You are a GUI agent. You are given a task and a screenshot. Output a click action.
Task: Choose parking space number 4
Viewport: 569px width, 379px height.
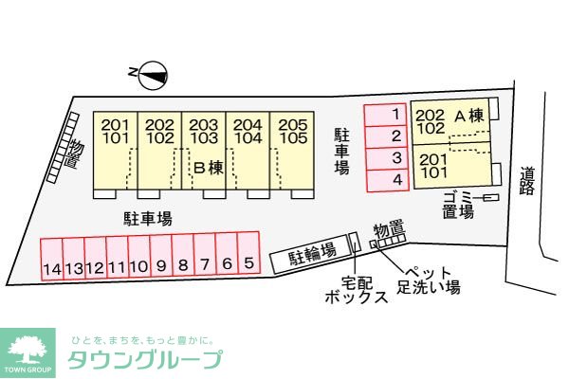397,179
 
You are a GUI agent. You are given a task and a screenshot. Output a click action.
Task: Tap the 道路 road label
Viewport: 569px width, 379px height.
528,181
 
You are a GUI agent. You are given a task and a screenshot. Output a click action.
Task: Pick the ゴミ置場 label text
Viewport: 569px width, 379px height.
457,204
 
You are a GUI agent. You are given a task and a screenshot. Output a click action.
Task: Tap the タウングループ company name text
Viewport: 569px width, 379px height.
145,359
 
